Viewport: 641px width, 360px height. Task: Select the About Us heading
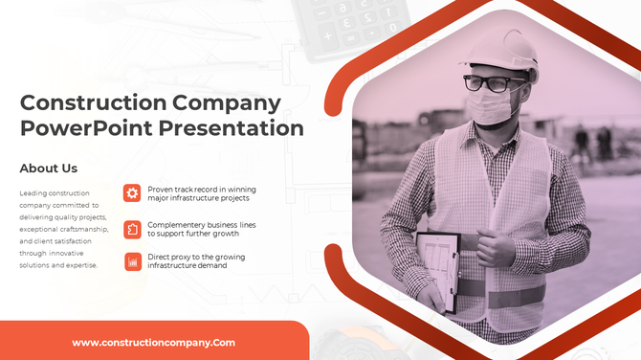[x=49, y=169]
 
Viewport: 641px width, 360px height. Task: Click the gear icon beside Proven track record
[x=132, y=193]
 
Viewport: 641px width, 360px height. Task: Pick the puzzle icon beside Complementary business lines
[x=132, y=229]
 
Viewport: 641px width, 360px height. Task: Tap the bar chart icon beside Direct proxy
[x=132, y=261]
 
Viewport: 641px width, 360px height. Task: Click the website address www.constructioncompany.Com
[x=154, y=342]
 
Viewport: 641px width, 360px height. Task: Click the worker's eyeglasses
[x=494, y=83]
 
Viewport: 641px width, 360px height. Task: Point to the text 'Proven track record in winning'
[x=202, y=190]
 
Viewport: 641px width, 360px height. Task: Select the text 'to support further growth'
[x=192, y=234]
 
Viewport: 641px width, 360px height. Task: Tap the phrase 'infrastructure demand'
[x=187, y=265]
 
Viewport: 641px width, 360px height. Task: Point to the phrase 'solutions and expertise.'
[x=58, y=265]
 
